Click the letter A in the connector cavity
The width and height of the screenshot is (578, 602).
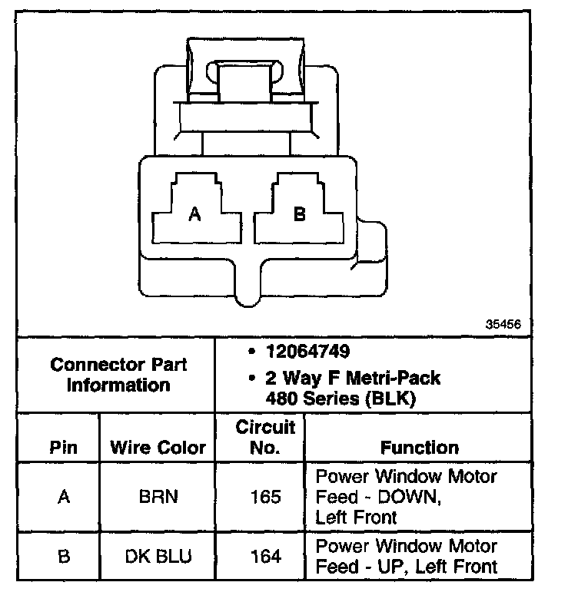tap(194, 215)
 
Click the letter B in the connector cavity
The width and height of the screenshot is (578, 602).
tap(300, 215)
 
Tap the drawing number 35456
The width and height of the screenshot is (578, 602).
tap(503, 324)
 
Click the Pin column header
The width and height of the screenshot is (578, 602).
tap(64, 447)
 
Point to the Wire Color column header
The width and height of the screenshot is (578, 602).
tap(158, 447)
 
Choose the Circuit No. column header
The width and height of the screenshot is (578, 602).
tap(265, 436)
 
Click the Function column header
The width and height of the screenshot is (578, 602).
tap(420, 447)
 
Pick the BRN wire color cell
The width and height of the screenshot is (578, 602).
tap(158, 497)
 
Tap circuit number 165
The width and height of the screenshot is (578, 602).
tap(265, 497)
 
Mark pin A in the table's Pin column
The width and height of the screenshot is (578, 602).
tap(64, 497)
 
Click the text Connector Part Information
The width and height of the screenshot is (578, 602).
tap(118, 374)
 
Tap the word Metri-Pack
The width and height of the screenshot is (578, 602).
tap(397, 379)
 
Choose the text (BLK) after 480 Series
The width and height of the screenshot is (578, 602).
tap(394, 399)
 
